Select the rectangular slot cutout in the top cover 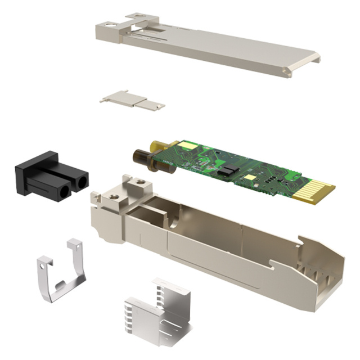pos(141,20)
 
